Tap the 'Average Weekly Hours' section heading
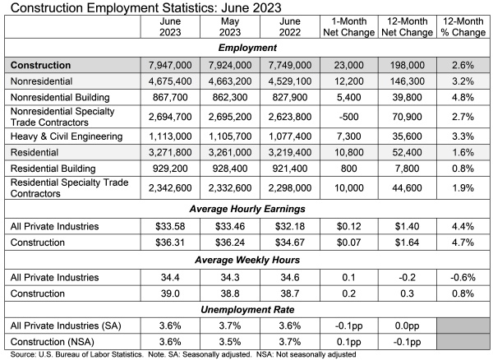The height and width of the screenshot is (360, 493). click(246, 260)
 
